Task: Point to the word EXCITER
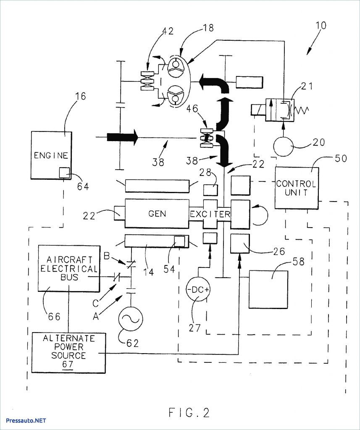click(x=210, y=214)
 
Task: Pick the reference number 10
click(x=321, y=26)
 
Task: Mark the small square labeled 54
click(x=180, y=241)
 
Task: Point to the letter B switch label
click(x=107, y=256)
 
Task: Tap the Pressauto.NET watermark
click(x=26, y=420)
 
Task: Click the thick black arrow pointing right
click(x=122, y=136)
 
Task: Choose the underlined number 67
click(x=68, y=364)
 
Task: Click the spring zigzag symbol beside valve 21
click(x=302, y=110)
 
